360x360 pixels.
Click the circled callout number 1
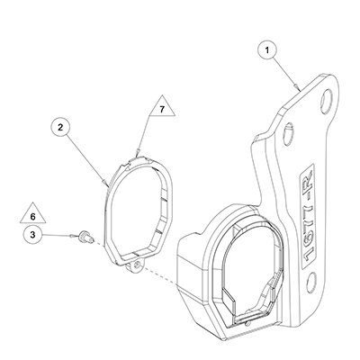[267, 50]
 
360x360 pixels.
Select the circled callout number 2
[61, 128]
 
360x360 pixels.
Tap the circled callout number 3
[33, 235]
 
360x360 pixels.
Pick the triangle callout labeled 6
[33, 213]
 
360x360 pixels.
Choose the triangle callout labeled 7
[162, 106]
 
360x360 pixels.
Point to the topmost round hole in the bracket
[326, 98]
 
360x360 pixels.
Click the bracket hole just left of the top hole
[289, 131]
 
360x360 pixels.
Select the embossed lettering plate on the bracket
[308, 214]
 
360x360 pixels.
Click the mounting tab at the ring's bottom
[135, 265]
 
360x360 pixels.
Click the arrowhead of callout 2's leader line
[106, 184]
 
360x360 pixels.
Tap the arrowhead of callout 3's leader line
[72, 236]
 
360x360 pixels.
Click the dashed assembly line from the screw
[134, 263]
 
